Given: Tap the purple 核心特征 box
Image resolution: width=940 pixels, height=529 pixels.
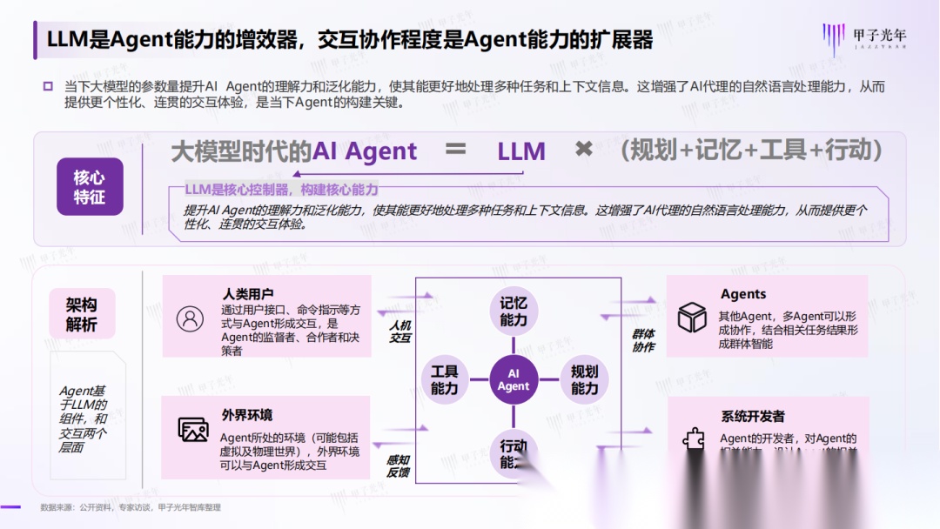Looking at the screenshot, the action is [x=90, y=186].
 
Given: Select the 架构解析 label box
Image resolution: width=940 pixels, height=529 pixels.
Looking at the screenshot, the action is [x=82, y=314].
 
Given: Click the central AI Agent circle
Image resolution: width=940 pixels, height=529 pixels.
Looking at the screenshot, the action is [x=514, y=380].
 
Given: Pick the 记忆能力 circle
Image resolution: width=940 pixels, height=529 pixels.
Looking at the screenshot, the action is [x=514, y=311].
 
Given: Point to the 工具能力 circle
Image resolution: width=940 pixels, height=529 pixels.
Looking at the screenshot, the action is [x=444, y=380].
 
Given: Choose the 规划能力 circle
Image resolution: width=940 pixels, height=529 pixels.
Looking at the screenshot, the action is [x=584, y=380].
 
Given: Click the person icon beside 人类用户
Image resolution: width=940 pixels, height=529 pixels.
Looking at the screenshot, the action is [x=190, y=318].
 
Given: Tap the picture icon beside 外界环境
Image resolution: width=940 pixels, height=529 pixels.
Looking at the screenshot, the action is [x=192, y=429].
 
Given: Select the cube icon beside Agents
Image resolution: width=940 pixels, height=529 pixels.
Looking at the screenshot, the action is [x=692, y=318].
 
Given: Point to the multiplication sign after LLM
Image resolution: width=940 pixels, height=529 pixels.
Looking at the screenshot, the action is [x=583, y=150].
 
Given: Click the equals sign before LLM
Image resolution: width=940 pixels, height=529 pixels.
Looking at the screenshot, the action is [x=456, y=150].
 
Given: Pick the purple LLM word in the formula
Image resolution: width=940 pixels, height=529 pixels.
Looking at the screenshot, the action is [x=521, y=151].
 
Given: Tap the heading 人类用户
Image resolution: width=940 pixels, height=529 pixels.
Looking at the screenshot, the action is [x=248, y=294].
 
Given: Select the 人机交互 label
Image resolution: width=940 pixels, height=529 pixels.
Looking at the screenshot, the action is [x=399, y=331].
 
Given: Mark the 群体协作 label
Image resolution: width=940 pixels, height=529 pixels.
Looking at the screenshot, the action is [x=643, y=340].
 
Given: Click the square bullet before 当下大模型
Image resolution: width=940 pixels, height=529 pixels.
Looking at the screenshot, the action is [x=48, y=86].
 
